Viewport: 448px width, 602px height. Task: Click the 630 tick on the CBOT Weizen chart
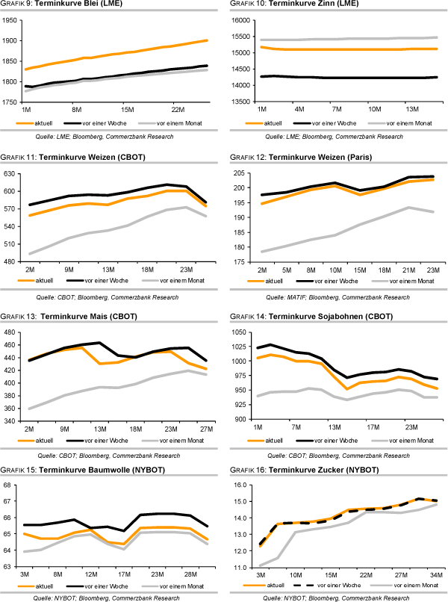coord(13,173)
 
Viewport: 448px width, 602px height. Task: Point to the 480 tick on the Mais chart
coord(13,332)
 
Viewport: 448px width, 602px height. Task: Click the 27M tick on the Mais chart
coord(204,429)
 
